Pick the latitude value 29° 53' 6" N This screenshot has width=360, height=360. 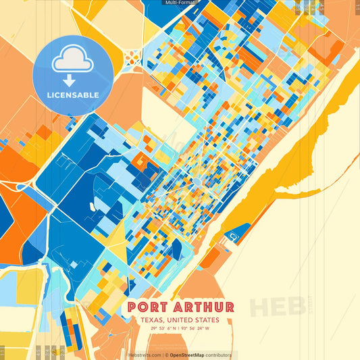[164, 329]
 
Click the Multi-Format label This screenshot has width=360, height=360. [180, 3]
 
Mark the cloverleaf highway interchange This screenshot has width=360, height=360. [134, 53]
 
